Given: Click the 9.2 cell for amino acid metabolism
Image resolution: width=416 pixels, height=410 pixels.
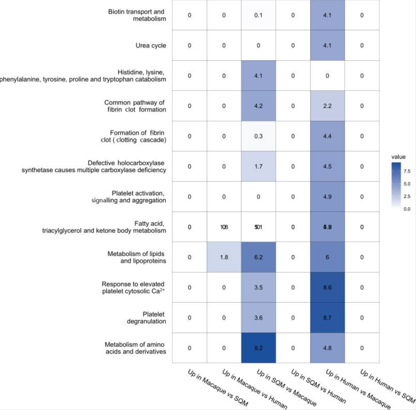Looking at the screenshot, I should click(x=258, y=348).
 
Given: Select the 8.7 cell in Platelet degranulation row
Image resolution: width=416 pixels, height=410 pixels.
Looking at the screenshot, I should click(x=327, y=318).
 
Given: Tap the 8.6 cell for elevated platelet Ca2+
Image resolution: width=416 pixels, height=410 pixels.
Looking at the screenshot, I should click(x=327, y=287).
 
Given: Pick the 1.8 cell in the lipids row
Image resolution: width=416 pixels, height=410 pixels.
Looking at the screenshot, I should click(x=224, y=257).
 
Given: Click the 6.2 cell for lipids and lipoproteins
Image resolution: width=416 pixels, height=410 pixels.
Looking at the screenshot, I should click(x=258, y=257).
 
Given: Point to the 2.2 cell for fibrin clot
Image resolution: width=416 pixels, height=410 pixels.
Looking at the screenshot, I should click(x=327, y=106).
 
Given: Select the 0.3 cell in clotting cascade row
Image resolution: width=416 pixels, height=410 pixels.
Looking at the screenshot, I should click(x=258, y=136).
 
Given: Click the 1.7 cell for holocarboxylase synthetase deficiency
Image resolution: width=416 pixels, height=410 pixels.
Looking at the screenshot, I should click(x=258, y=166).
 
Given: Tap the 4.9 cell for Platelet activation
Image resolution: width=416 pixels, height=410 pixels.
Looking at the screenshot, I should click(x=327, y=197).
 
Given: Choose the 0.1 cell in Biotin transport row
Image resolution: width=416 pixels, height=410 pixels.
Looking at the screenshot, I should click(x=258, y=15).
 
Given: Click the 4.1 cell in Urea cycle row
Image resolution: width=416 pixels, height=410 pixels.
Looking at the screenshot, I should click(x=327, y=46).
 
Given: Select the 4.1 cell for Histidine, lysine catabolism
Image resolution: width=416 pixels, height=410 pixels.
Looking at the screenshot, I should click(x=258, y=76).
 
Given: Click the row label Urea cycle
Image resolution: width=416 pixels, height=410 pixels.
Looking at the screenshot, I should click(x=151, y=46).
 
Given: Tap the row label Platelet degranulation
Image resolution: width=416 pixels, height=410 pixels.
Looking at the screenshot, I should click(x=146, y=318).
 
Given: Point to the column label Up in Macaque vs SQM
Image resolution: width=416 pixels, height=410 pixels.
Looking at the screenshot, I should click(x=218, y=387).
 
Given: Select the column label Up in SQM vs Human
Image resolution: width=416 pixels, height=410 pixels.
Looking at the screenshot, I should click(x=318, y=386).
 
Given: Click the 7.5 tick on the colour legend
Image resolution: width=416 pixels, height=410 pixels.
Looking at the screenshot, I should click(x=407, y=171).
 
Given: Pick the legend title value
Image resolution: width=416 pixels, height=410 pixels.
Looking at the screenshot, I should click(x=398, y=157).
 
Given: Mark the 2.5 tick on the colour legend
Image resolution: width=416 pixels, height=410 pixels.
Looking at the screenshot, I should click(x=407, y=196).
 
